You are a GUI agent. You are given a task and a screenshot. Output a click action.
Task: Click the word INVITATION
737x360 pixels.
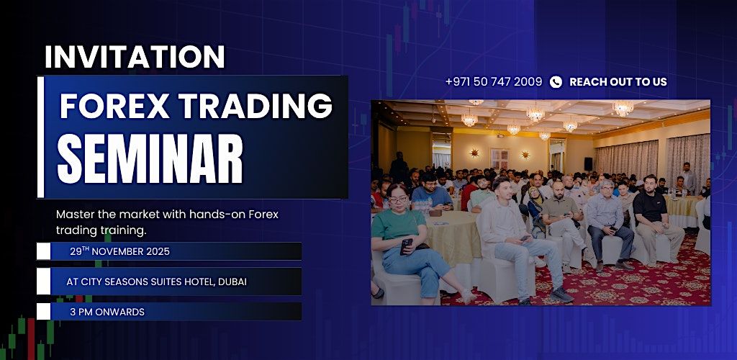point(135,57)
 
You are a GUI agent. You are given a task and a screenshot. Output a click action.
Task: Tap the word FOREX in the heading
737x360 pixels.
point(111,107)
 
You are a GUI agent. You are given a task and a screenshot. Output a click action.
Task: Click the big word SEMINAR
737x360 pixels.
point(150,158)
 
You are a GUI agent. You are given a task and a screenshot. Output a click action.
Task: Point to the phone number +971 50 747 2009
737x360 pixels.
point(494,82)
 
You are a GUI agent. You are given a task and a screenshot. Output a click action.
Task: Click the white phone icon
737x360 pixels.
point(556,82)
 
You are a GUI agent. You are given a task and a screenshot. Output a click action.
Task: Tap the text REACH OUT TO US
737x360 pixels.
point(618,82)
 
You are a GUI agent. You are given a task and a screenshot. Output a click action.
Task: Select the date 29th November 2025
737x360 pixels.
point(119,252)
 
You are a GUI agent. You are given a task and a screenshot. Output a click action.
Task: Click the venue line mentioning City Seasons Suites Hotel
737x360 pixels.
point(156,282)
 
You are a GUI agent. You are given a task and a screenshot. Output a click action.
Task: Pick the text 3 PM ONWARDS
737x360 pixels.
point(107,312)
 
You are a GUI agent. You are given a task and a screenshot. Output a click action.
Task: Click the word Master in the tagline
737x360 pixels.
point(75,215)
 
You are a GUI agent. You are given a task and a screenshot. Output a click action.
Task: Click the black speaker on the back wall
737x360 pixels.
point(588,164)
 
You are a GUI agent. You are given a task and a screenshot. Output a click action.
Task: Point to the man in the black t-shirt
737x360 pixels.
point(654,216)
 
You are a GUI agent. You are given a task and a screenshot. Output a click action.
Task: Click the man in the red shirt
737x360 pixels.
point(469,192)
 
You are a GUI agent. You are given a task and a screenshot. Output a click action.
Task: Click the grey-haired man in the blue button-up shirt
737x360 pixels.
point(605,216)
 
